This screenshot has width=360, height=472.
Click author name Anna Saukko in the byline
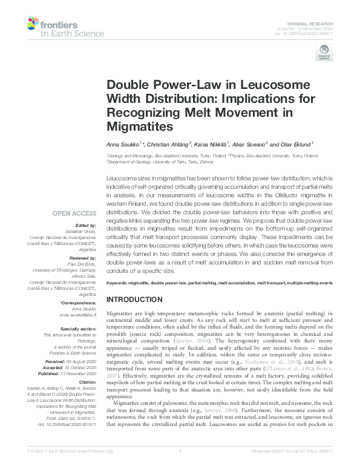pyautogui.click(x=123, y=145)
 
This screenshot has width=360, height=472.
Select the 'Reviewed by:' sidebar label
pyautogui.click(x=82, y=257)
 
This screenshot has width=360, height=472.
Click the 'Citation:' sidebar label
pyautogui.click(x=86, y=382)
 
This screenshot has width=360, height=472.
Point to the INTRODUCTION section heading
pyautogui.click(x=135, y=300)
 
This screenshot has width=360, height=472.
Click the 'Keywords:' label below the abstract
pyautogui.click(x=119, y=283)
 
